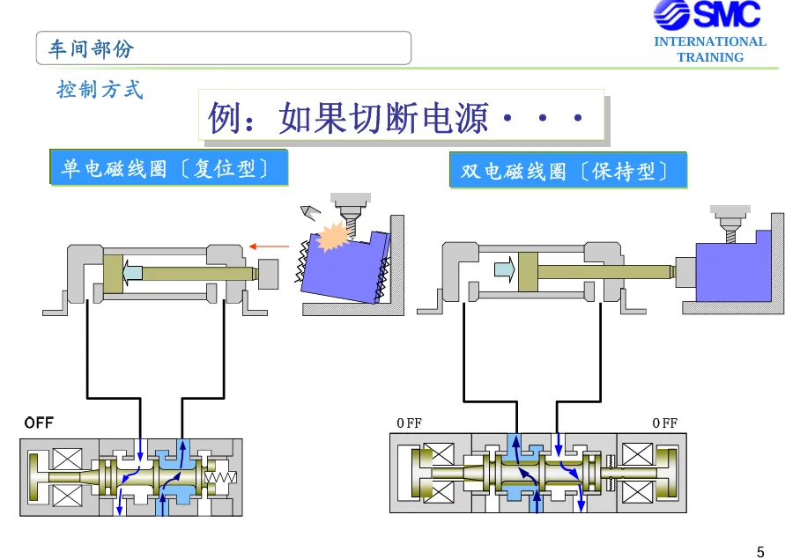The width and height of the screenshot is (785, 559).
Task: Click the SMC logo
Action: coord(707,14)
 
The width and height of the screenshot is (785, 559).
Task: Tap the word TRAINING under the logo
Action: coord(710,57)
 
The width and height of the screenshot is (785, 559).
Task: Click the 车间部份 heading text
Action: coord(91,48)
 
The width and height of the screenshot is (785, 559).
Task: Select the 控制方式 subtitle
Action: coord(100,90)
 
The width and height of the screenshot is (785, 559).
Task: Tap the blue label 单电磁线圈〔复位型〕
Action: coord(168,167)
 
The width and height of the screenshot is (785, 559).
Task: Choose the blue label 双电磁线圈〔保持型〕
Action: coord(567,171)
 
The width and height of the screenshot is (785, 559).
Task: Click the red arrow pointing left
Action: coord(269,246)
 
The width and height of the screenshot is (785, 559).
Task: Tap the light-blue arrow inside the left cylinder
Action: coord(132,273)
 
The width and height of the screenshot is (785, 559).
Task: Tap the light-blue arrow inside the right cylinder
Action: coord(504,269)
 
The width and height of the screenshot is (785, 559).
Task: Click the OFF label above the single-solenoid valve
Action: coord(39,423)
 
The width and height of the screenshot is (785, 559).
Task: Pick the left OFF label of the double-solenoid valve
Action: coord(409,423)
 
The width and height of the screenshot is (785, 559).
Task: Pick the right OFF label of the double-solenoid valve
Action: coord(664,423)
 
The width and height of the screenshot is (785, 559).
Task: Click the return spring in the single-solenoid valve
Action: coord(220,477)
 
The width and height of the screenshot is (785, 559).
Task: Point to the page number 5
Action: coord(760,551)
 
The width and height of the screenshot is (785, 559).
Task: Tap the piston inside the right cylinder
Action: coord(528,272)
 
